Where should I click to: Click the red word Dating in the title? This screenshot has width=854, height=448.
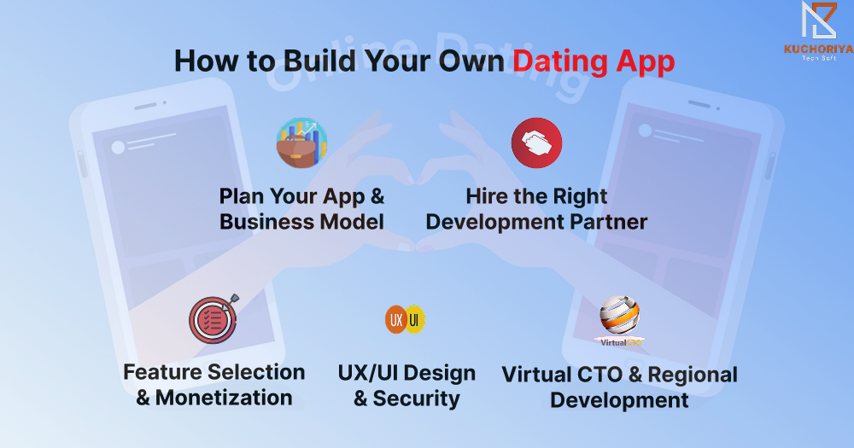click(560, 61)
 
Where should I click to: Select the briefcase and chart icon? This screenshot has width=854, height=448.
click(301, 143)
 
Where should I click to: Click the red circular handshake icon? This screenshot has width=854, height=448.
click(536, 143)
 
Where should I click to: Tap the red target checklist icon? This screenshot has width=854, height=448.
click(213, 319)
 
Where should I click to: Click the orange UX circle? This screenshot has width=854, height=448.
click(396, 319)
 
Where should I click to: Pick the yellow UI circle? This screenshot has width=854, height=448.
click(415, 319)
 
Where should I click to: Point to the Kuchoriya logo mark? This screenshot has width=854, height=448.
click(819, 20)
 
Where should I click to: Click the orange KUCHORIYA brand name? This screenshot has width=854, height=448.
click(819, 49)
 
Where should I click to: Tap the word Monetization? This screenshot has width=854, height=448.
click(224, 398)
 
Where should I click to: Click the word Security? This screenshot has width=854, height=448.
click(416, 399)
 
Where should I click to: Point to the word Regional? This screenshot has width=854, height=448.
click(693, 375)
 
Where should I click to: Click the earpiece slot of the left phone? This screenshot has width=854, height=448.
click(145, 106)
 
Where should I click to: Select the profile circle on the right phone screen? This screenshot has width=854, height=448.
click(646, 131)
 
